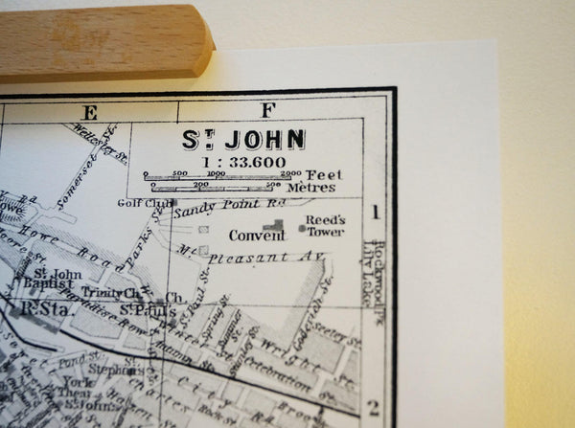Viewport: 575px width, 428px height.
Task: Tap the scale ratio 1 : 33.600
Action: pyautogui.click(x=243, y=161)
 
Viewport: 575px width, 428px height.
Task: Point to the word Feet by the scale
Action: pyautogui.click(x=323, y=174)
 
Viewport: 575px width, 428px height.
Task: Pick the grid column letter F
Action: pyautogui.click(x=267, y=109)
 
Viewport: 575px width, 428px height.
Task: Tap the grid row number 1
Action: pyautogui.click(x=377, y=213)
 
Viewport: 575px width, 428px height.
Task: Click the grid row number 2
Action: pyautogui.click(x=373, y=408)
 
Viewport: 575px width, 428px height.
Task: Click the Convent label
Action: pyautogui.click(x=249, y=235)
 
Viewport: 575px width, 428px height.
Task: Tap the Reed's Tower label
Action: pyautogui.click(x=325, y=225)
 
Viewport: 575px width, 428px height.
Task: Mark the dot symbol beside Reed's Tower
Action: pyautogui.click(x=302, y=228)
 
